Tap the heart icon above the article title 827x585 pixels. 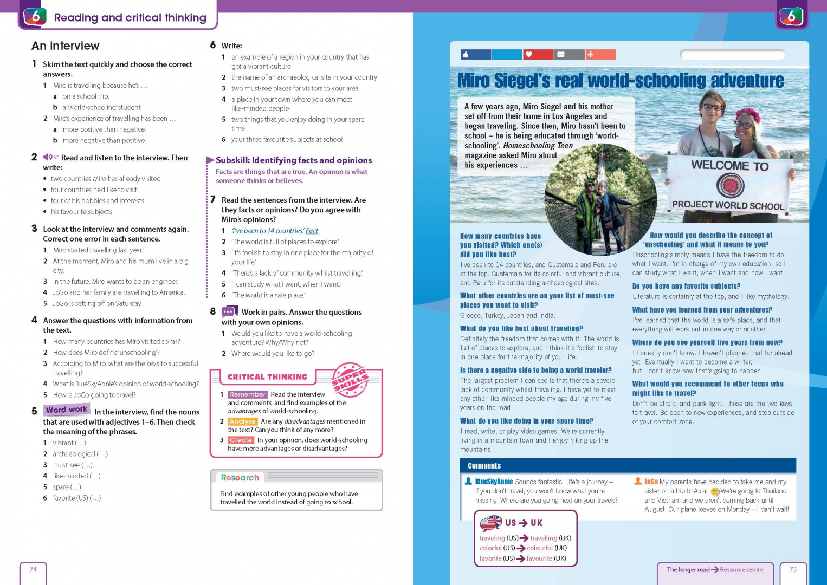[528, 55]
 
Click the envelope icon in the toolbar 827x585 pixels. [561, 55]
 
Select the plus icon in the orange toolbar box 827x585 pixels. [591, 55]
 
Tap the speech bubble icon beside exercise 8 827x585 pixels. [229, 312]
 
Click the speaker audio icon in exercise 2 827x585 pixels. [48, 158]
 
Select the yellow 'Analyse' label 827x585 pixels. [242, 421]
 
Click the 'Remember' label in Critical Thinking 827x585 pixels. [247, 394]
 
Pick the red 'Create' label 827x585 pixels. [241, 440]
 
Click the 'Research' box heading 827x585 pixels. [240, 478]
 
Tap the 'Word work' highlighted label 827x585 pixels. [67, 410]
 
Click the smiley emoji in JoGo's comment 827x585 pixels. [715, 492]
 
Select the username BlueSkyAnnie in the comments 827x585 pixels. [494, 482]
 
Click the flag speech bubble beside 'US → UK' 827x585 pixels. [491, 523]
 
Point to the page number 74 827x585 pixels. [33, 569]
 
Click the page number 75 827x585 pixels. [793, 569]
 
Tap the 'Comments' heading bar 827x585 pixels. [484, 466]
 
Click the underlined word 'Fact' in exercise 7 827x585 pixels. [312, 231]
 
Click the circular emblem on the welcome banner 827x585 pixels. [729, 186]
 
